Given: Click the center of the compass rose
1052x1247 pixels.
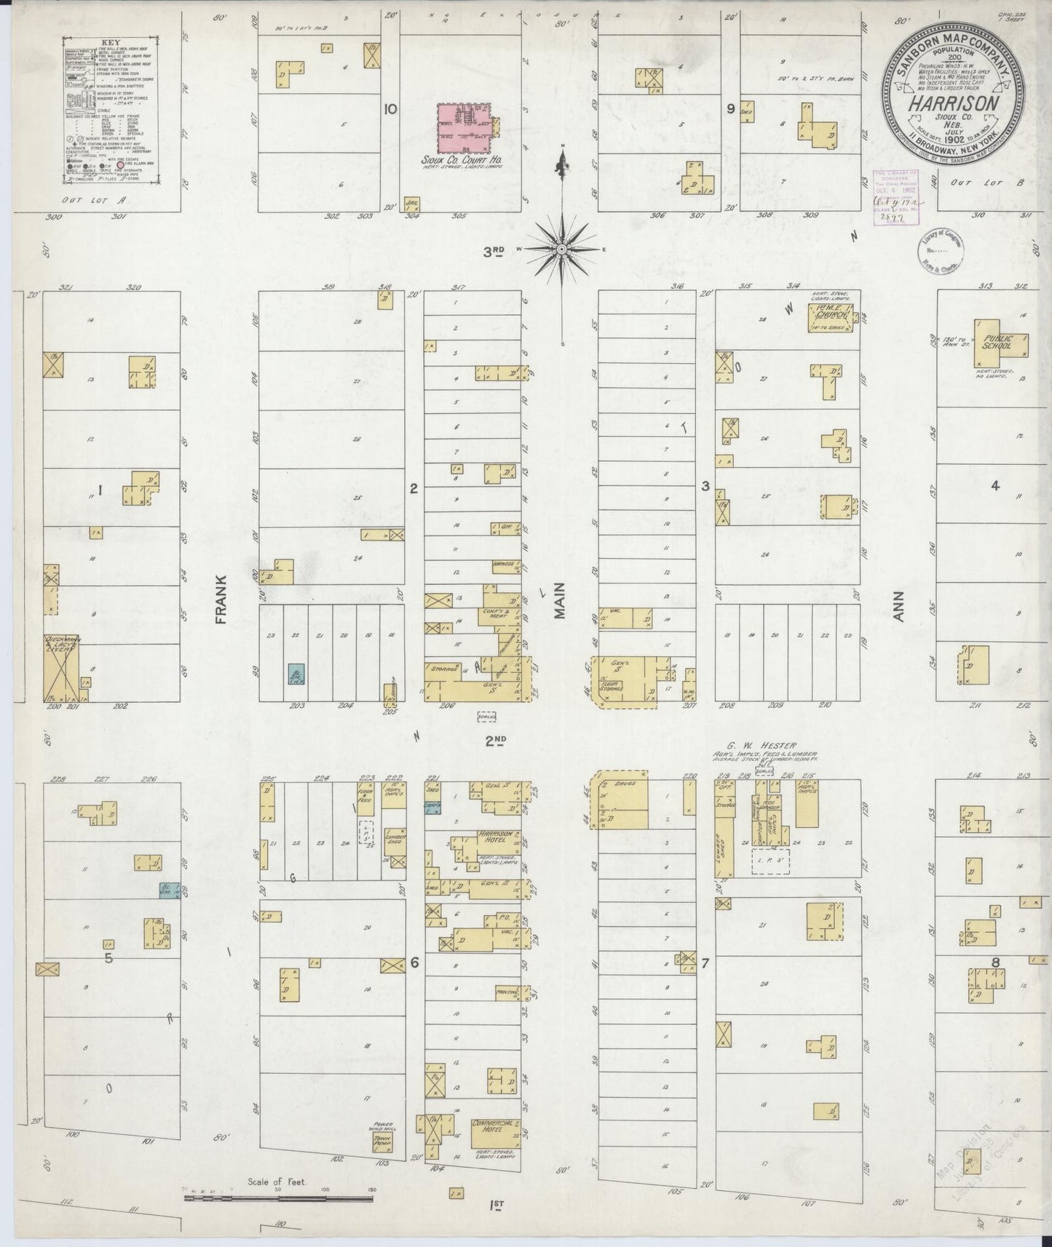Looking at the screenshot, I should (562, 249).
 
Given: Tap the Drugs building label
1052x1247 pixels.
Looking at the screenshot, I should (625, 784).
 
